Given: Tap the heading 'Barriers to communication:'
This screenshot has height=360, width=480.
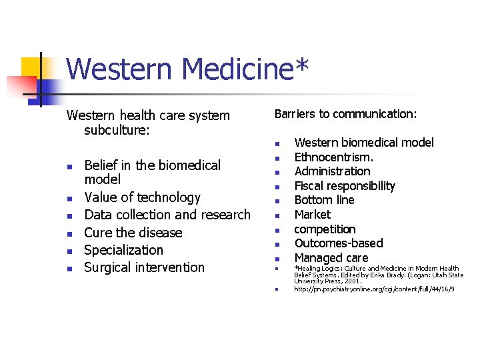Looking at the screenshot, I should [345, 114].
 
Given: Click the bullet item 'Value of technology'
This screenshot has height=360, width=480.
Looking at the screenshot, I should [142, 197].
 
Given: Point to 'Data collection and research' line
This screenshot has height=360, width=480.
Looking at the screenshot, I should [167, 215].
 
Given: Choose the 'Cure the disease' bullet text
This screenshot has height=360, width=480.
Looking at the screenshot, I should [133, 233].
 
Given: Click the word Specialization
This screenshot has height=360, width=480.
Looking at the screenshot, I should [124, 250].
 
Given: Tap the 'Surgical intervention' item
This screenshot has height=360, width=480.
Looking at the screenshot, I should [145, 267].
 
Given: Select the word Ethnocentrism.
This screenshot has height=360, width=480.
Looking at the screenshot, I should [334, 157].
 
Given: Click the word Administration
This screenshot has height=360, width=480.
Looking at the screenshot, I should [332, 171].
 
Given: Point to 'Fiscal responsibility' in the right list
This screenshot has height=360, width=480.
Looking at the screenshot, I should [345, 186].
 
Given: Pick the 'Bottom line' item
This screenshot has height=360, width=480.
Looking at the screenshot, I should [324, 200].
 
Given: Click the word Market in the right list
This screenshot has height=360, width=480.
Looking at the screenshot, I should [312, 215].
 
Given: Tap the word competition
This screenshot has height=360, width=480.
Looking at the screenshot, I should [325, 229].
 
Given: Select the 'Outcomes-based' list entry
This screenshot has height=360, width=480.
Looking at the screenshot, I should [339, 243].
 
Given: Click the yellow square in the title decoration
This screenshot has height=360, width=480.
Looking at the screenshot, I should [31, 67].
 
